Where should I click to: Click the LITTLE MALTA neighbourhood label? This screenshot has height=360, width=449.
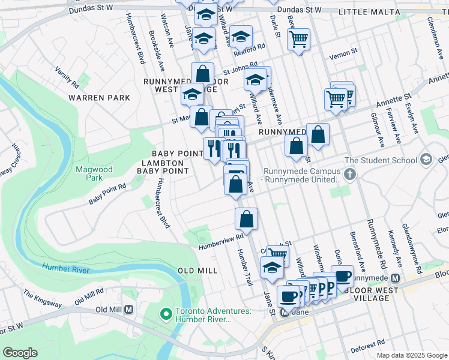coord(369,12)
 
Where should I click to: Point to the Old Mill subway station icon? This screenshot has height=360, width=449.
coord(128,310)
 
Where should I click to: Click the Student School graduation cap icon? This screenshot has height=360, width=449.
coord(426,160)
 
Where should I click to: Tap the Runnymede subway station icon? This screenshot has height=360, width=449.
coord(395,278)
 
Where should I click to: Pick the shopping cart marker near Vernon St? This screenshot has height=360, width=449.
coord(298,40)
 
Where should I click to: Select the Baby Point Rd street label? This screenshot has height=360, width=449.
coord(107,194)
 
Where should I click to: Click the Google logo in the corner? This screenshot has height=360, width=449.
coord(20,353)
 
